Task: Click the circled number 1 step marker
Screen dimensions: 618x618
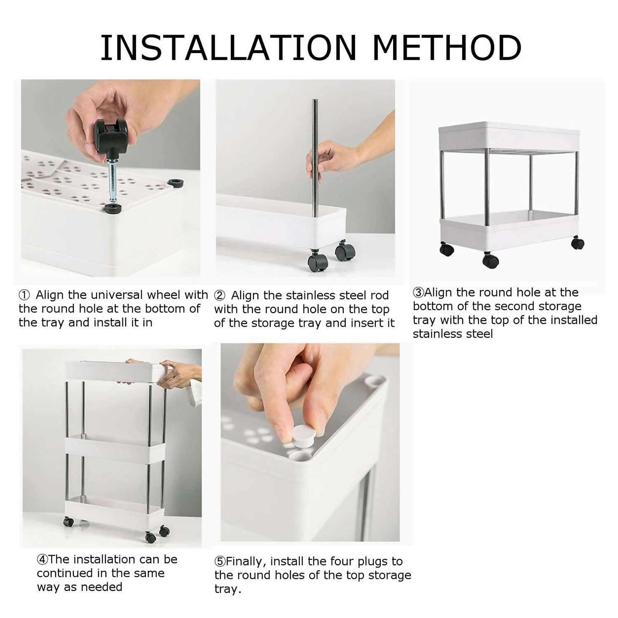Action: click(x=24, y=295)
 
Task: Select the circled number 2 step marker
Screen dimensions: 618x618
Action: click(x=220, y=296)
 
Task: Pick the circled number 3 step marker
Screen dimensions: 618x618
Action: click(x=418, y=293)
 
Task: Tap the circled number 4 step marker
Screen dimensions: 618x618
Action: click(x=42, y=559)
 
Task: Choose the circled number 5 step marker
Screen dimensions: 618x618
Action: click(x=220, y=562)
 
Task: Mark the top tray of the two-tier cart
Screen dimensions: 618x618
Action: click(x=508, y=137)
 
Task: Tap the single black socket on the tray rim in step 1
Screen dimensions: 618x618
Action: click(x=177, y=183)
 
